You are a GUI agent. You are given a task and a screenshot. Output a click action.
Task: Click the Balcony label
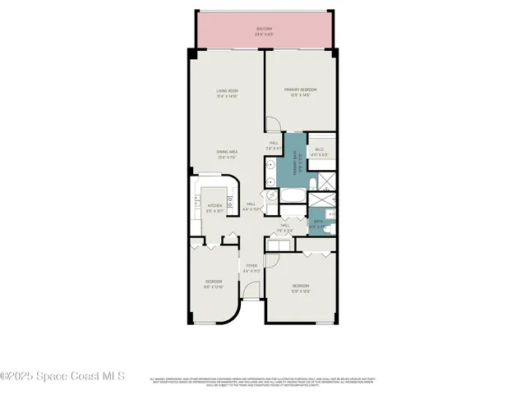click(263, 30)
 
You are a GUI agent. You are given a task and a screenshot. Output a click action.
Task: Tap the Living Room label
click(228, 93)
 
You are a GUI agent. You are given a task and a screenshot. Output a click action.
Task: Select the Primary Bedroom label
click(301, 92)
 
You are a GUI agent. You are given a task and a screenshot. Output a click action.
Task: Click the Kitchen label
click(215, 208)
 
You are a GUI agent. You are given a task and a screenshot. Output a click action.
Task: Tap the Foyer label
click(252, 268)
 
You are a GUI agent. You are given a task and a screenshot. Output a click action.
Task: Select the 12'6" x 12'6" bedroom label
click(300, 288)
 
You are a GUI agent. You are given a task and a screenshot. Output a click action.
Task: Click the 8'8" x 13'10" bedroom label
click(214, 284)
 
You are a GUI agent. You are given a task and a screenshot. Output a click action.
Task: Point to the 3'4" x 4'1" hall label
click(274, 146)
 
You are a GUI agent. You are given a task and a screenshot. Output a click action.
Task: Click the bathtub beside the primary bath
click(293, 196)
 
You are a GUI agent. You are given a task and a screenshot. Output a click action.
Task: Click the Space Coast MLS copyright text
click(62, 377)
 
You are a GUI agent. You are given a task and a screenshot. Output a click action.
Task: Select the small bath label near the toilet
click(319, 222)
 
